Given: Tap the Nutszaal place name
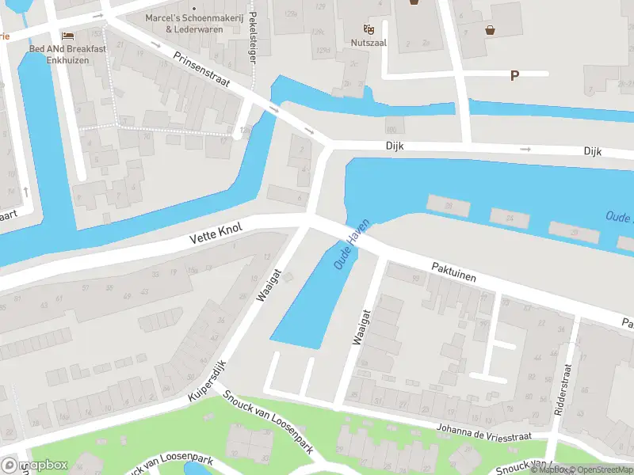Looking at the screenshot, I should coord(369,43).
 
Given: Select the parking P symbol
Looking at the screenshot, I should coord(514,76).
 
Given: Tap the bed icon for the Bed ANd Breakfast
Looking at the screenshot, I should coord(68,36).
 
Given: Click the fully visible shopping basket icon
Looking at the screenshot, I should coord(490,31).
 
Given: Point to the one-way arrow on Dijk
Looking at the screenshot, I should coord(525,149).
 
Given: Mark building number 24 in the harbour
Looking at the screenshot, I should coord(510,218).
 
